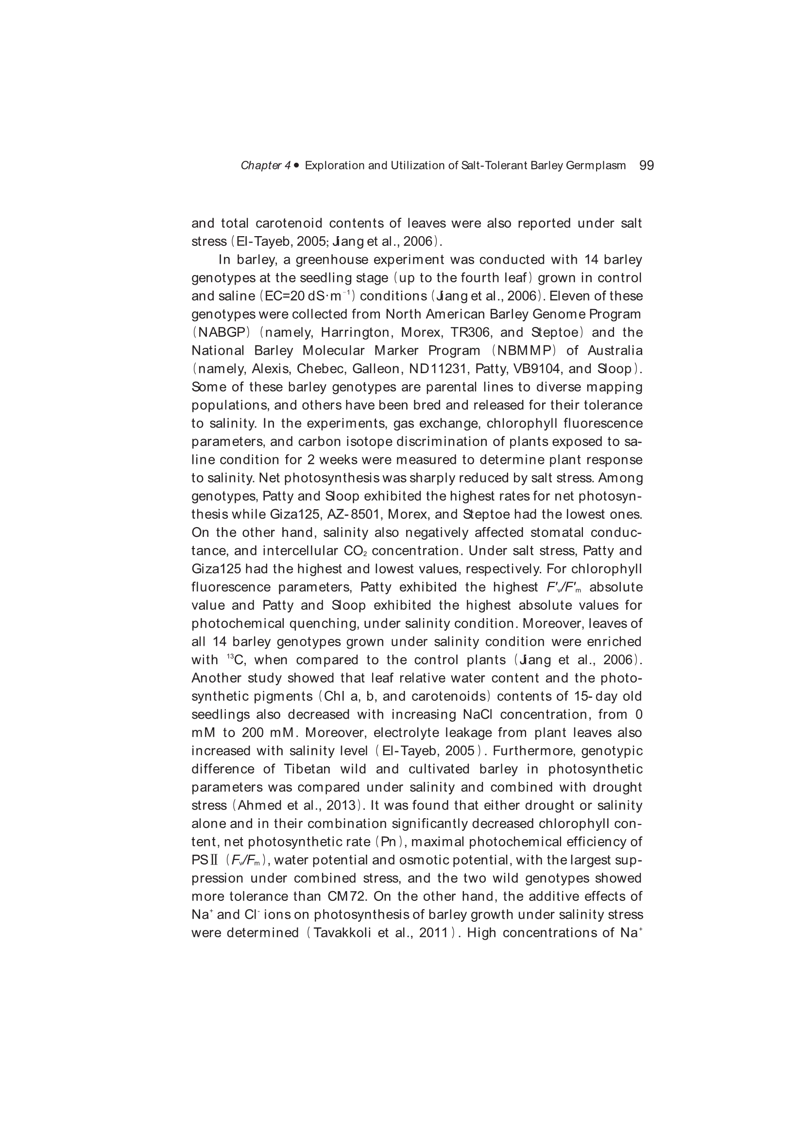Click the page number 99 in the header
tap(646, 165)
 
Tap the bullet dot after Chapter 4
tap(296, 165)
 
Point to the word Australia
tap(615, 350)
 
